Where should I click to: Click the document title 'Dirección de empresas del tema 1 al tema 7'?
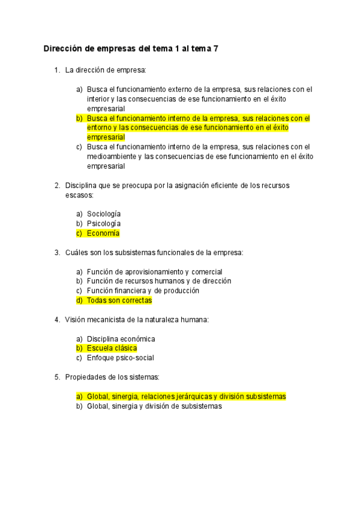pos(131,49)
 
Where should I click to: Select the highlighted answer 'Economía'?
pos(103,233)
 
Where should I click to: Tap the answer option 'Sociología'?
pos(104,214)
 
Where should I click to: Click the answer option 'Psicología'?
pos(104,224)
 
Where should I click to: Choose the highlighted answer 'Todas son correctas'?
pos(119,301)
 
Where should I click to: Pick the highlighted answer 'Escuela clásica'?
pos(112,349)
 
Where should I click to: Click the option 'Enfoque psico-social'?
pos(120,358)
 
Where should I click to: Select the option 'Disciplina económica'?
pos(121,339)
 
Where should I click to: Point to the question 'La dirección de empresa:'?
pos(106,70)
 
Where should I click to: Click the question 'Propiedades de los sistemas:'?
pos(112,377)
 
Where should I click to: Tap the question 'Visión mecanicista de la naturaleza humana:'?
pos(137,319)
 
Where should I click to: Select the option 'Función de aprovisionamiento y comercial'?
pos(154,272)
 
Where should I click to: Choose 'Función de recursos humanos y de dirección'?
pos(159,282)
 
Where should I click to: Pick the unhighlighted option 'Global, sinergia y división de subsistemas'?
pos(154,406)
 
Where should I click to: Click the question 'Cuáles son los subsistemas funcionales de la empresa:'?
pos(154,253)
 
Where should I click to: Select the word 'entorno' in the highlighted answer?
pos(100,128)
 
